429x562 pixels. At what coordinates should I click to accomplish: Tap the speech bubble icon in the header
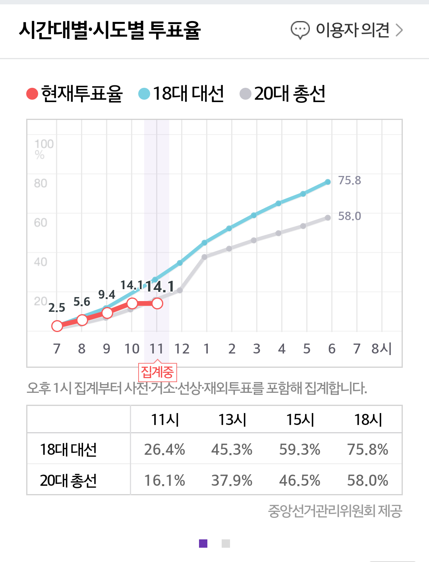300,30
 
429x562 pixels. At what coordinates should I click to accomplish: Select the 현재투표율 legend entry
75,94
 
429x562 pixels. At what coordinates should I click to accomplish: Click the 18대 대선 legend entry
182,94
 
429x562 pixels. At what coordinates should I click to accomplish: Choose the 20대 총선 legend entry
283,94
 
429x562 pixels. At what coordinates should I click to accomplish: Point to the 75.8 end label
350,180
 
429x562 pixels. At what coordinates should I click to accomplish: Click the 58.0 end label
350,216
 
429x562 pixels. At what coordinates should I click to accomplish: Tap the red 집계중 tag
157,372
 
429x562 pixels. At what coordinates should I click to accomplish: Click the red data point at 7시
57,326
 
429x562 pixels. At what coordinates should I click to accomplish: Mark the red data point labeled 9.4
107,313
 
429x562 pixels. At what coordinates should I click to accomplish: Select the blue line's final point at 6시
328,182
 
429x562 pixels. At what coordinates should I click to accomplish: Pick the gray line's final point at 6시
328,218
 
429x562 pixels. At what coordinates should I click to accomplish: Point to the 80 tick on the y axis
41,183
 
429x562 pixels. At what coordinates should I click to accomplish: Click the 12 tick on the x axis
182,349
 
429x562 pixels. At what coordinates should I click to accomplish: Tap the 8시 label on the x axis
381,349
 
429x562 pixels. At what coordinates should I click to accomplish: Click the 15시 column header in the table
300,419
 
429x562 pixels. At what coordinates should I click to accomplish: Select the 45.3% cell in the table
232,450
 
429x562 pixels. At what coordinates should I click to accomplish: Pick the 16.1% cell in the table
164,480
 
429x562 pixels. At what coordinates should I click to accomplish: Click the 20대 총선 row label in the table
68,480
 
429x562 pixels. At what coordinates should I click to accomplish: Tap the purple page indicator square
203,543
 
